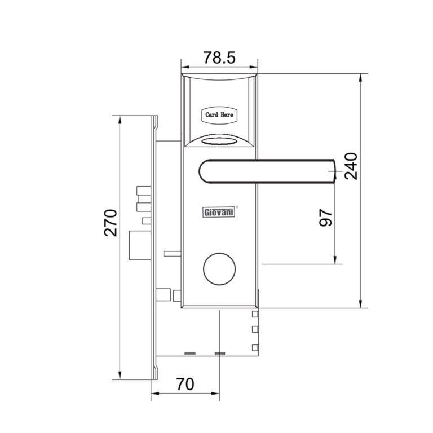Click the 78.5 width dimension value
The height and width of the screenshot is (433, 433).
pyautogui.click(x=219, y=58)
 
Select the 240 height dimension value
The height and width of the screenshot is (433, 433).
pyautogui.click(x=351, y=166)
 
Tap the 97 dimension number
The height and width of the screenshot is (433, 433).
pyautogui.click(x=325, y=218)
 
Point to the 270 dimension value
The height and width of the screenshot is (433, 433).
pyautogui.click(x=111, y=223)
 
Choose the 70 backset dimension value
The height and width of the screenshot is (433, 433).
pyautogui.click(x=185, y=384)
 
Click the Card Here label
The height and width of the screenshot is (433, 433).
pyautogui.click(x=219, y=114)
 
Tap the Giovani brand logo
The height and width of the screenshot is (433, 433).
pyautogui.click(x=219, y=213)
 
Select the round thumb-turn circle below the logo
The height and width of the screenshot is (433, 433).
pyautogui.click(x=219, y=269)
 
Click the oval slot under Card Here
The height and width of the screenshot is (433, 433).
pyautogui.click(x=219, y=142)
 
